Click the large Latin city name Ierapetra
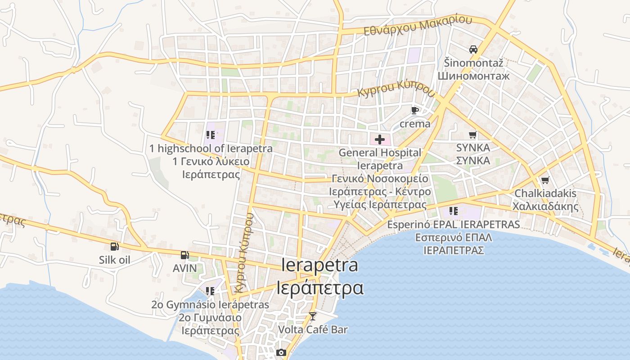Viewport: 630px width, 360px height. click(x=319, y=265)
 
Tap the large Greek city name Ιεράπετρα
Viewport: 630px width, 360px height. click(x=319, y=288)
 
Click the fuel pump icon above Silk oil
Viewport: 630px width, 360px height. click(x=115, y=246)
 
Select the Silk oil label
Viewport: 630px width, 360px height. click(x=115, y=260)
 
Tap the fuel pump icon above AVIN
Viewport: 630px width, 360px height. click(x=184, y=255)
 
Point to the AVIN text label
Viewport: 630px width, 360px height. click(x=184, y=268)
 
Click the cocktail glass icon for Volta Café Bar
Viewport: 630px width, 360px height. click(x=313, y=316)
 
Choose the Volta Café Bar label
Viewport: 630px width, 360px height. click(x=313, y=329)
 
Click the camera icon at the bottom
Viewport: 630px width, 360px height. click(x=281, y=352)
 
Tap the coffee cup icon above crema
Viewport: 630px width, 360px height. click(x=415, y=110)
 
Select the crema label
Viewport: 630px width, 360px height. click(x=415, y=123)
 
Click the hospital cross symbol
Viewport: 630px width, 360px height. click(x=380, y=139)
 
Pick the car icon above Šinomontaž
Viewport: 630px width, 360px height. click(x=473, y=49)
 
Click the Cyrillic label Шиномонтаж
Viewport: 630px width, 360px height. click(x=473, y=76)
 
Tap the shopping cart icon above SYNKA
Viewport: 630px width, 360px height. click(x=473, y=135)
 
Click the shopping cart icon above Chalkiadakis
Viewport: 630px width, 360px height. click(x=545, y=180)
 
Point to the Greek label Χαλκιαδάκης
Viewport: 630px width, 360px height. click(x=545, y=207)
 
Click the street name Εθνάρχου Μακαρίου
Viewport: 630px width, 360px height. click(x=418, y=26)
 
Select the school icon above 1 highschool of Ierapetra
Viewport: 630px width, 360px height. click(x=211, y=135)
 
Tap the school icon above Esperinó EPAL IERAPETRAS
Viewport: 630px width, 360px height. click(x=454, y=211)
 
